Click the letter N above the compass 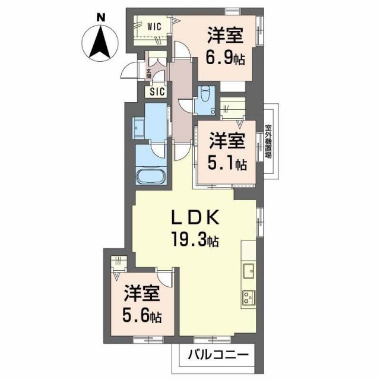tap(101, 18)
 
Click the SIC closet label tap(157, 92)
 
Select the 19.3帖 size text tap(196, 240)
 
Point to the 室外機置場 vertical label tap(268, 141)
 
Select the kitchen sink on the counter tap(248, 271)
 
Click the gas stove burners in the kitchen tap(248, 297)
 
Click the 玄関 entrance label tap(148, 74)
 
